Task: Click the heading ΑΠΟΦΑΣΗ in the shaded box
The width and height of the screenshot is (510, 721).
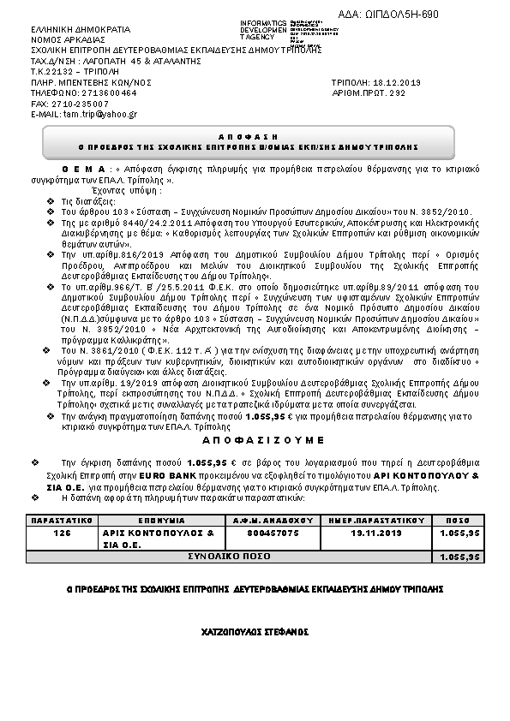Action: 255,136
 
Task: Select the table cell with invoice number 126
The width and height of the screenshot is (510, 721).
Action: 62,532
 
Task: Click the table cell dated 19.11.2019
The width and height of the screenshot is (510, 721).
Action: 376,532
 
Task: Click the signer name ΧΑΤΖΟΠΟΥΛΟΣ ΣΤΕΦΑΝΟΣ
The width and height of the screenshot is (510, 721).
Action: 255,632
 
